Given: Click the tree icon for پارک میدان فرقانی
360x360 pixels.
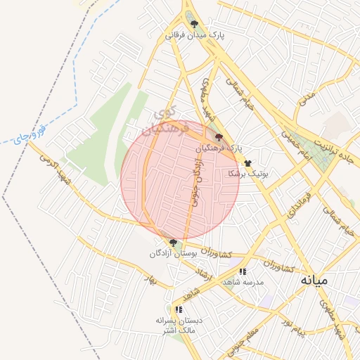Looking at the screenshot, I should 194,23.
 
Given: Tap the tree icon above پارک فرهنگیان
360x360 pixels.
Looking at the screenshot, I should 219,138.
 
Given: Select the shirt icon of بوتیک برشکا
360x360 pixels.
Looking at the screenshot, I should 247,162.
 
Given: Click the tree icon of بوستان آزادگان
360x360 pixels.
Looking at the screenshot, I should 173,243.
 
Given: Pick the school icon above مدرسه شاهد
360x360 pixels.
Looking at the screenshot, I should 243,271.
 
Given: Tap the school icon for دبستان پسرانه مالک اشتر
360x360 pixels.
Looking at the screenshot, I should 179,309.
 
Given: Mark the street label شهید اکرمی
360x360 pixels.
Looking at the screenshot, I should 52,163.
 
